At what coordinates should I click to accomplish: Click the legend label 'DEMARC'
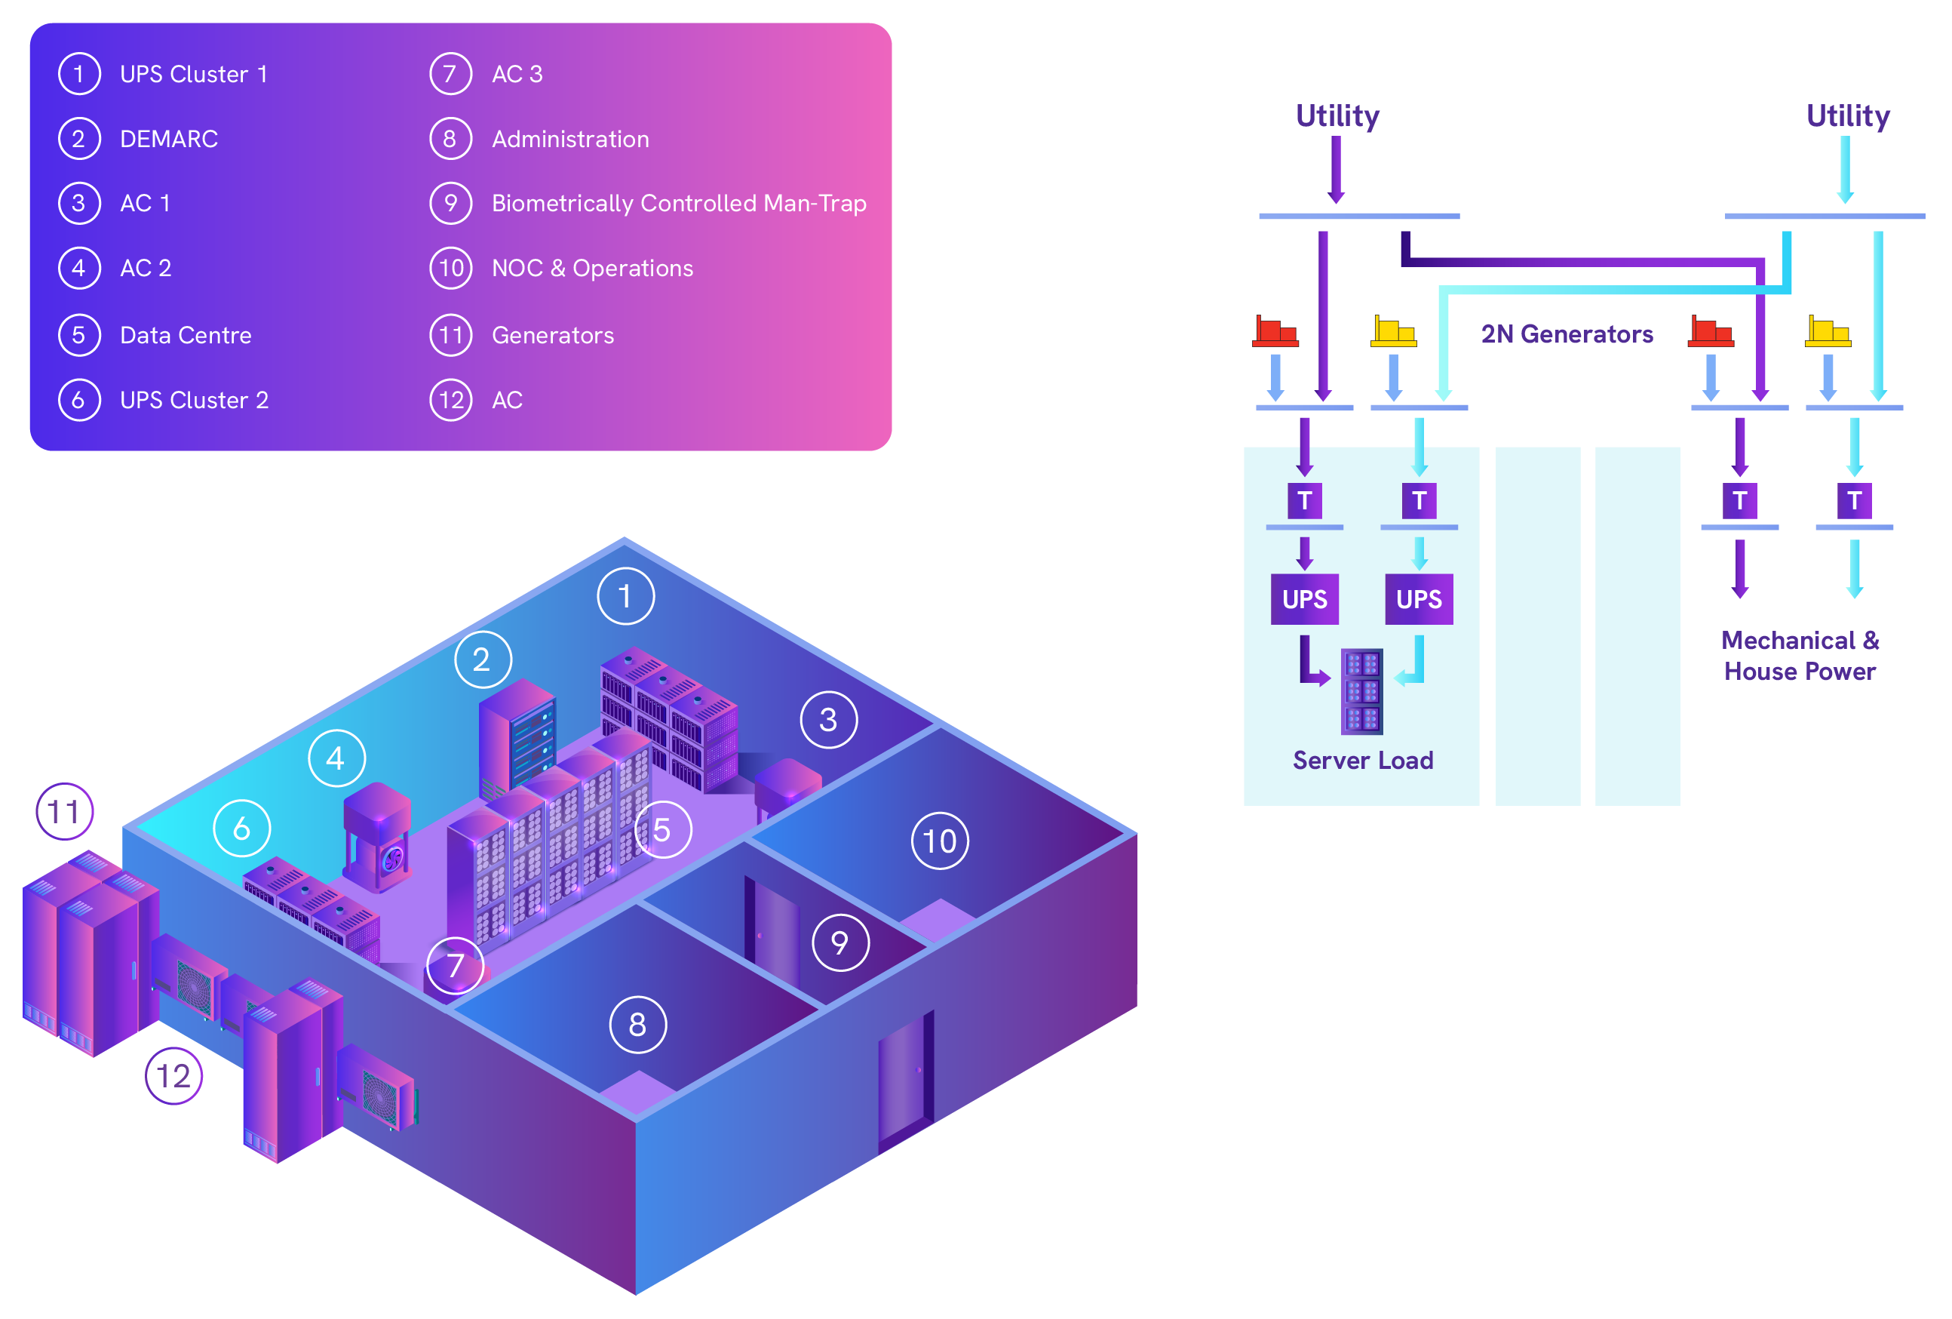169,139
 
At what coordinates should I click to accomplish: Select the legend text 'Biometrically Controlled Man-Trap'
679,203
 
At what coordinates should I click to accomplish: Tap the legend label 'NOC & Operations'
592,268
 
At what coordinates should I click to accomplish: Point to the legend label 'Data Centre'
186,335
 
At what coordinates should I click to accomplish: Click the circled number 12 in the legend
451,400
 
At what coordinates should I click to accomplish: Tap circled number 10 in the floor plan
940,841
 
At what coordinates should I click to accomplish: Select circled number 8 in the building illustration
637,1024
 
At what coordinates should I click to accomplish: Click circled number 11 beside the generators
64,812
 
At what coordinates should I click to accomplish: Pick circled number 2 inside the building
482,659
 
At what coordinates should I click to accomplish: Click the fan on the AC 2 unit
392,859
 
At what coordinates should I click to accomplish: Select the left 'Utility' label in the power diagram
1337,116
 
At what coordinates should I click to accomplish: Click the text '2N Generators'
1567,334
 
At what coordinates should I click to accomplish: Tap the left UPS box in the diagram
1304,599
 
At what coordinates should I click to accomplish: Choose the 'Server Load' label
1362,761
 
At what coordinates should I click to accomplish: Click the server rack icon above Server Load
1361,691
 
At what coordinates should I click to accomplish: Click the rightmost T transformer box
1854,501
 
